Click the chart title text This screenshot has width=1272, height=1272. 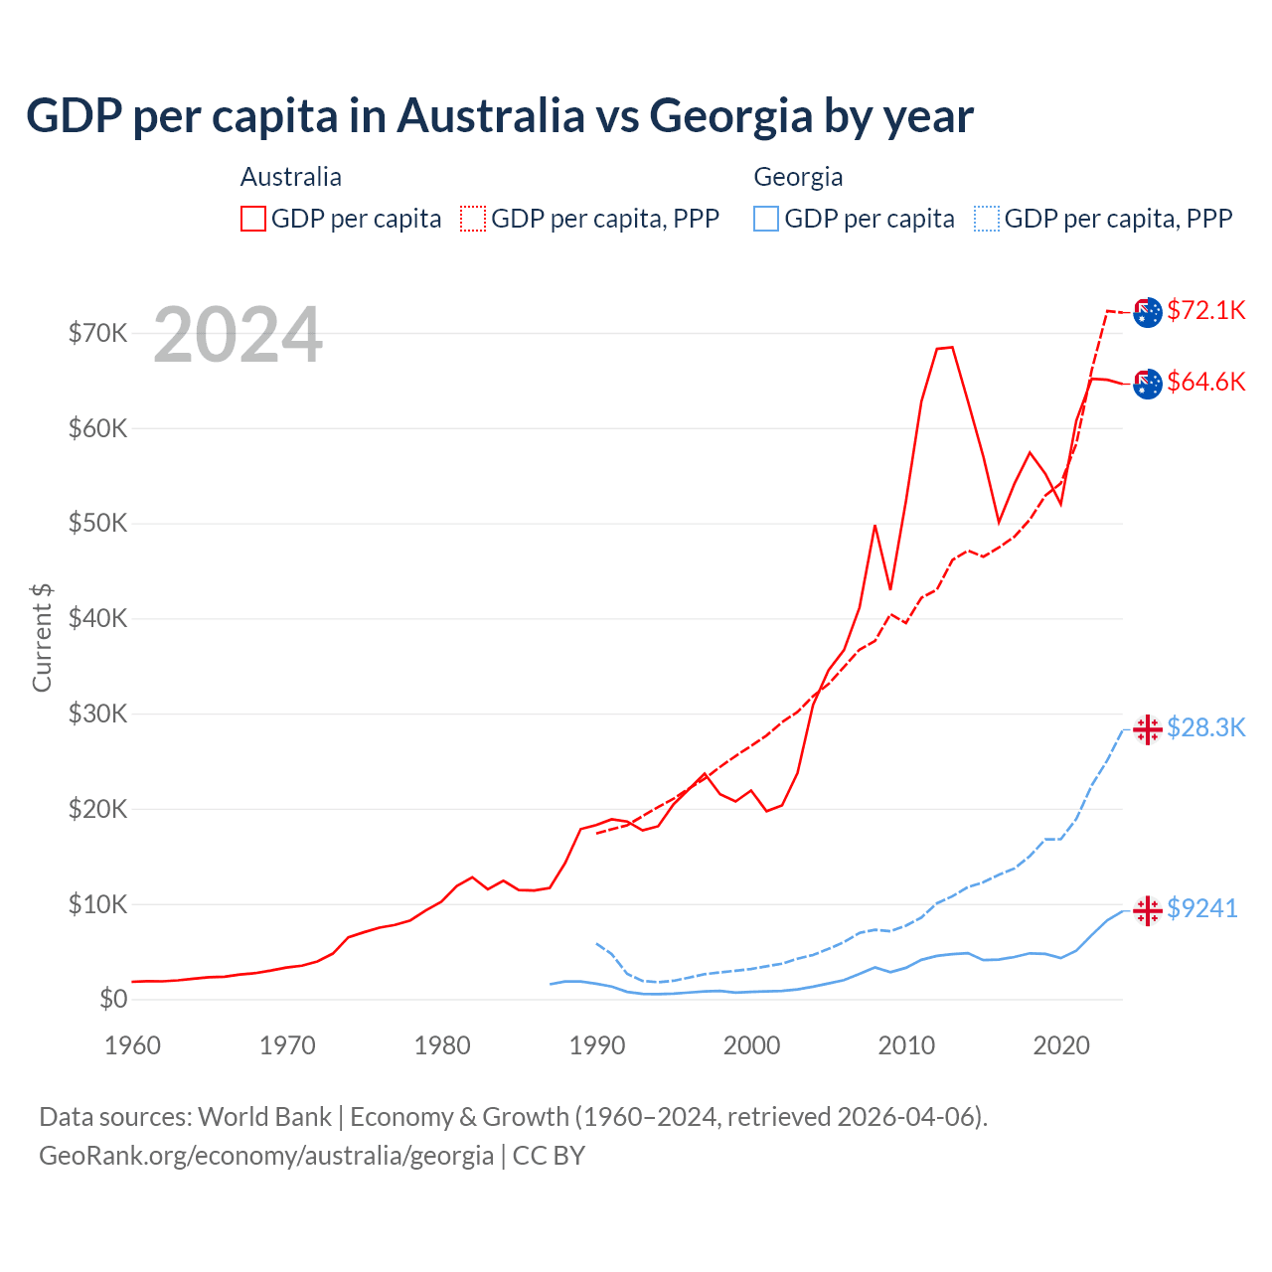point(499,115)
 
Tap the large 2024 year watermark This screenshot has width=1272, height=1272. point(238,335)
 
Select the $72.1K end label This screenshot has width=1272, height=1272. point(1205,310)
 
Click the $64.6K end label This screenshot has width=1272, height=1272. point(1205,382)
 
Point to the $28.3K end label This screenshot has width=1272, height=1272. point(1205,727)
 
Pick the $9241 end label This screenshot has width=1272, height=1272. point(1201,908)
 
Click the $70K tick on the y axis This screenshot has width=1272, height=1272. point(97,333)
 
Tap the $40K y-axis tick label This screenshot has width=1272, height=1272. point(97,619)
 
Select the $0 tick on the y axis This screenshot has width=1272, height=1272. point(113,999)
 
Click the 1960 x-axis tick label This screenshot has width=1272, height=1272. point(132,1045)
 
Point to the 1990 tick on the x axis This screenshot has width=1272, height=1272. point(597,1045)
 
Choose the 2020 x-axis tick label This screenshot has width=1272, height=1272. point(1061,1045)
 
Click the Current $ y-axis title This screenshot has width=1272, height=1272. point(42,637)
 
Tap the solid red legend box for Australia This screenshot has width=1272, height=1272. point(253,219)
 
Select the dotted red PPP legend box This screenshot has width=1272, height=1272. point(473,219)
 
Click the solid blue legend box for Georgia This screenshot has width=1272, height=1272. point(766,219)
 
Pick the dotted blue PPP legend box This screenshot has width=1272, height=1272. point(987,219)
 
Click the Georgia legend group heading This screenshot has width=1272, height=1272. point(798,177)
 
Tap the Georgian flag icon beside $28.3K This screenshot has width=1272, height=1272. point(1148,728)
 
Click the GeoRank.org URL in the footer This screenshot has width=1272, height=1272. point(266,1156)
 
